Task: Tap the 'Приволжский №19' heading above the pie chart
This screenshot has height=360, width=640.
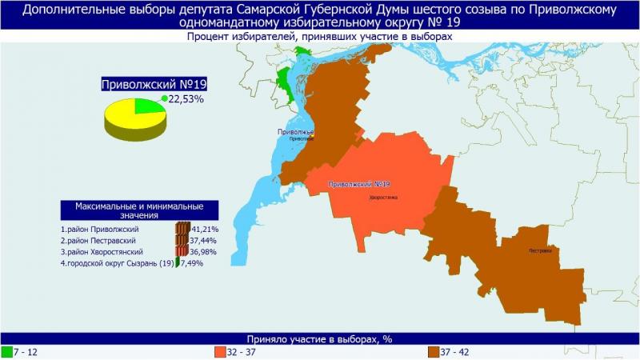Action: [x=149, y=83]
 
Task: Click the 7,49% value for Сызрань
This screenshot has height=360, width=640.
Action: [x=192, y=263]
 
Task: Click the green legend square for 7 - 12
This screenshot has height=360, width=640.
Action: [x=6, y=351]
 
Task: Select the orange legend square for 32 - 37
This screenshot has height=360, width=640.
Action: [x=220, y=351]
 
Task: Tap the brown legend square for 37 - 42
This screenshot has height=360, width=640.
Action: [x=433, y=351]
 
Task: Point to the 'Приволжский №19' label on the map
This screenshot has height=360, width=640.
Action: [x=358, y=185]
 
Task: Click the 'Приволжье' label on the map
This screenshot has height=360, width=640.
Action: [x=296, y=131]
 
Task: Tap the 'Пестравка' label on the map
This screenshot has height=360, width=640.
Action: [x=540, y=250]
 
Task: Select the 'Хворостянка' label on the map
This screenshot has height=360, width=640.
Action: [x=383, y=197]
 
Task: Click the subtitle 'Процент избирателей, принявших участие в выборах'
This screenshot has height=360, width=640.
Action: [x=320, y=37]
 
